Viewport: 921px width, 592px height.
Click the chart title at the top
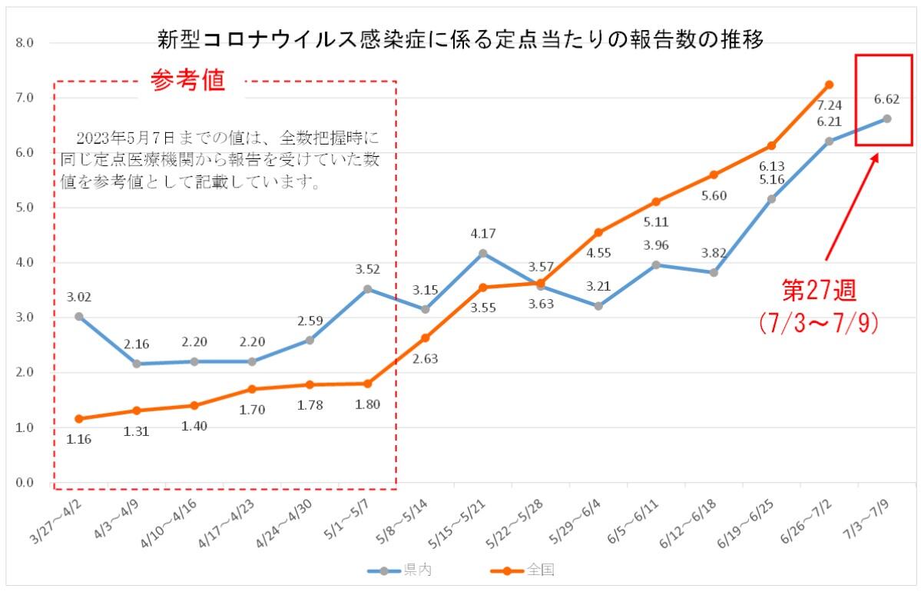point(460,38)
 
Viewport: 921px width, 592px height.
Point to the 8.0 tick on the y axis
point(25,43)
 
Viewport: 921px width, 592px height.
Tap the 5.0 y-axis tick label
point(25,208)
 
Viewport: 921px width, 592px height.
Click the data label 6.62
point(886,99)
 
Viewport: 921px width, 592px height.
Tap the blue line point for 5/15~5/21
point(483,253)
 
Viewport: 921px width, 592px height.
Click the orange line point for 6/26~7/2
point(829,85)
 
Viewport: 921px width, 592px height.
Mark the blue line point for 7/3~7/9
point(886,118)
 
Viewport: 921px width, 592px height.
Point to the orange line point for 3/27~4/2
point(79,419)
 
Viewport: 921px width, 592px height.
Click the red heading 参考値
point(189,81)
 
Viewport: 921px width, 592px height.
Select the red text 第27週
point(818,291)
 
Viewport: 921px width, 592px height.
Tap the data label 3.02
point(79,296)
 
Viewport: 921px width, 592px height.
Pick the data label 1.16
point(79,439)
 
